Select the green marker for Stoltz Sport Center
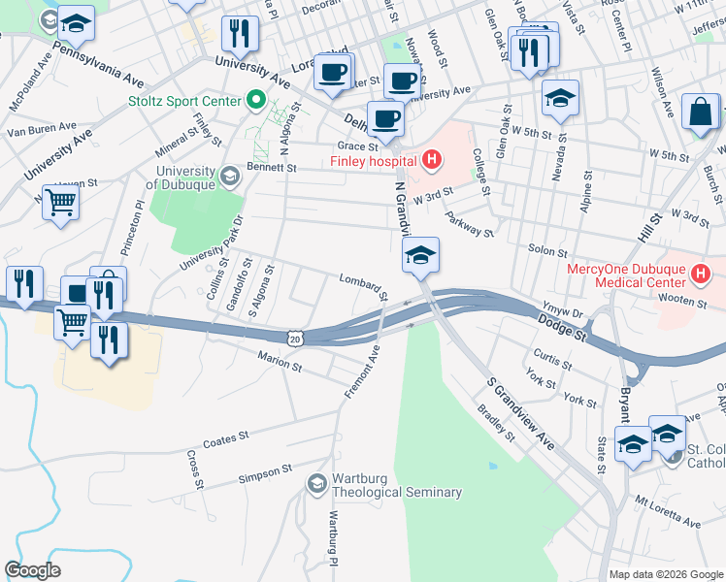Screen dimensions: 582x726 (256, 99)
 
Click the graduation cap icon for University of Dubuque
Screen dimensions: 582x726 (229, 176)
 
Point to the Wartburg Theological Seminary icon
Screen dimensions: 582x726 (316, 483)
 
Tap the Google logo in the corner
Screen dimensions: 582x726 (33, 569)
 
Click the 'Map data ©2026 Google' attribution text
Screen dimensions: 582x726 (666, 574)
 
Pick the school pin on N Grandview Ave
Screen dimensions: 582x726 (421, 256)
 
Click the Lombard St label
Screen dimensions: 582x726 (363, 285)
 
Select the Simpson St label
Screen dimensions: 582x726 (266, 472)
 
